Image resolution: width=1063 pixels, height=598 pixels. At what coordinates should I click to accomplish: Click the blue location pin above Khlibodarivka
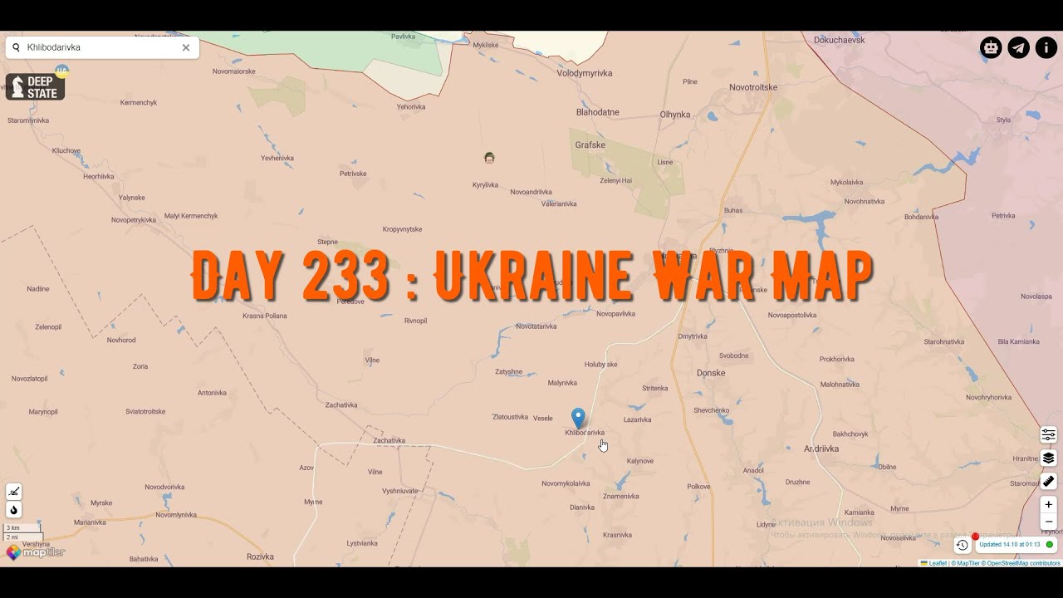coord(578,417)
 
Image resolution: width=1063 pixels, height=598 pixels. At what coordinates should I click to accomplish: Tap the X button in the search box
coord(186,47)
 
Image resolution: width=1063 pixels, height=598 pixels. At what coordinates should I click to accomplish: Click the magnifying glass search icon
coord(16,47)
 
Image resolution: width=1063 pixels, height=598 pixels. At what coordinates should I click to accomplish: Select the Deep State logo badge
coord(35,87)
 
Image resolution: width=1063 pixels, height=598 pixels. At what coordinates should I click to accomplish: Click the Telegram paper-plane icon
coord(1018,47)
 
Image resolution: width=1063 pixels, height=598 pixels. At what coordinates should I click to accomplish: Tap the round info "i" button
coord(1046,47)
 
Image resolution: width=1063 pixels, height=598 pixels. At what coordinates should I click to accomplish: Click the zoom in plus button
coord(1049,504)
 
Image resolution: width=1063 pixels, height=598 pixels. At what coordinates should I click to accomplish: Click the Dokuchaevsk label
coord(840,39)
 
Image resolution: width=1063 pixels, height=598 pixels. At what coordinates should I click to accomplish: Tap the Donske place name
coord(711,373)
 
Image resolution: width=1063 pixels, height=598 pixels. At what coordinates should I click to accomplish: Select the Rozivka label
coord(260,556)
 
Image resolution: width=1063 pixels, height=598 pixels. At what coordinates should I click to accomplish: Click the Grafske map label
coord(590,145)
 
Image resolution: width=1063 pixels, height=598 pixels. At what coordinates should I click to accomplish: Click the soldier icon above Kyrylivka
coord(489,158)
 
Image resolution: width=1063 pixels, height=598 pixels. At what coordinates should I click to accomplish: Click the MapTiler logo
coord(35,552)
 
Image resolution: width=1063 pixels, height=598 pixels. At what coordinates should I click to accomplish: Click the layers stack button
coord(1049,458)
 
